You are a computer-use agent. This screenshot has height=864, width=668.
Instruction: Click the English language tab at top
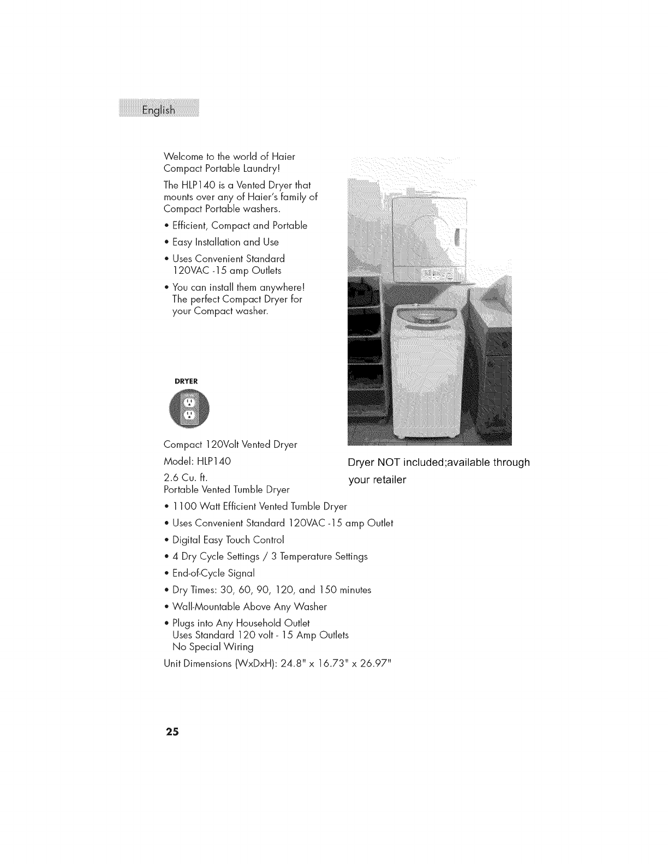coord(159,110)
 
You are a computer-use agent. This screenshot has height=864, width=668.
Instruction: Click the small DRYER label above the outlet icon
coord(186,381)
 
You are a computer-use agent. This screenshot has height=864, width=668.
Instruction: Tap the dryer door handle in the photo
coord(457,238)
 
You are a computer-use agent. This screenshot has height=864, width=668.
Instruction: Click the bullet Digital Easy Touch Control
coord(228,540)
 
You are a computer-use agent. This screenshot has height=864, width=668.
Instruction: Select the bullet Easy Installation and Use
coord(225,242)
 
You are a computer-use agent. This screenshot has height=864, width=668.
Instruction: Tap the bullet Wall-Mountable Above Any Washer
coord(249,607)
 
